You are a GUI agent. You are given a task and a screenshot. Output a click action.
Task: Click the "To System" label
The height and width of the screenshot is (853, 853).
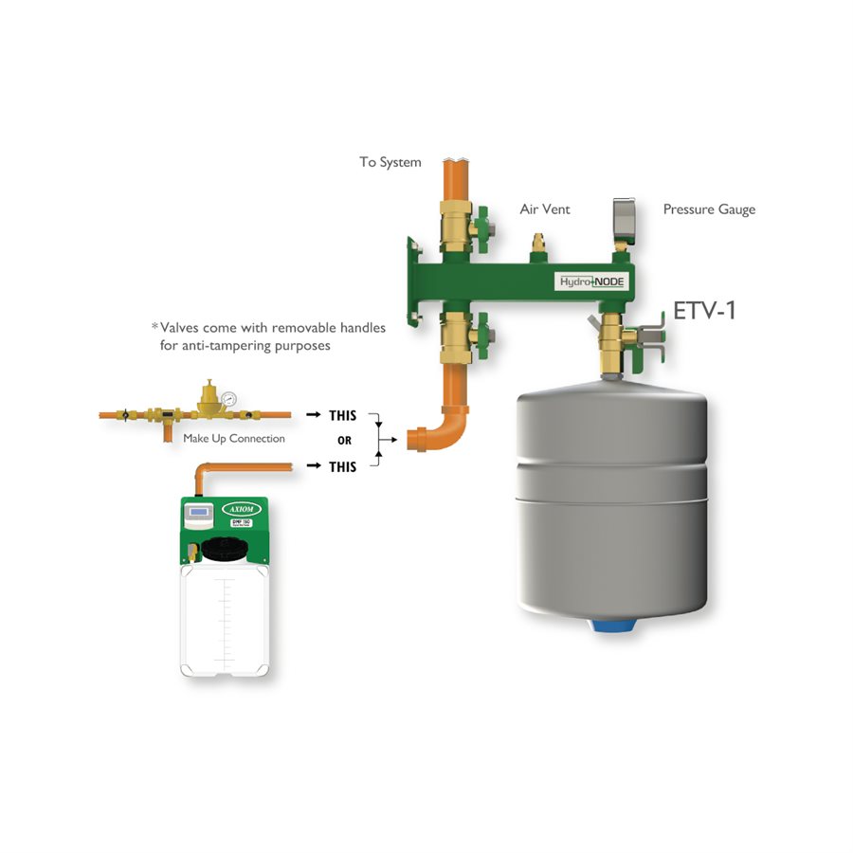tap(390, 162)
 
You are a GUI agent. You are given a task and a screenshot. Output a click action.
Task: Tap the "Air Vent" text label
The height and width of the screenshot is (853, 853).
tap(545, 209)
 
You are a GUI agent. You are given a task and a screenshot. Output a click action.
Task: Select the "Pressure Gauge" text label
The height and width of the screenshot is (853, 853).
tap(709, 209)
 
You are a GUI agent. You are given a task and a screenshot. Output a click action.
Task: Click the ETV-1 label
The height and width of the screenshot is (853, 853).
tap(704, 311)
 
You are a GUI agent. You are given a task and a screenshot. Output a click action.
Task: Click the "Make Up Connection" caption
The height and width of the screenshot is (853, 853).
tap(234, 438)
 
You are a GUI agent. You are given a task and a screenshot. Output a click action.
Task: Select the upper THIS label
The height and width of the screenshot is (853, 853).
tap(342, 415)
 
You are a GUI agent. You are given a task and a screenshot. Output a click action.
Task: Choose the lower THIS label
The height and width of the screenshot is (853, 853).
tap(342, 466)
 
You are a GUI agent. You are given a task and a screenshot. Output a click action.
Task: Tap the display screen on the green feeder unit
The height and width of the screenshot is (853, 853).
tap(198, 514)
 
